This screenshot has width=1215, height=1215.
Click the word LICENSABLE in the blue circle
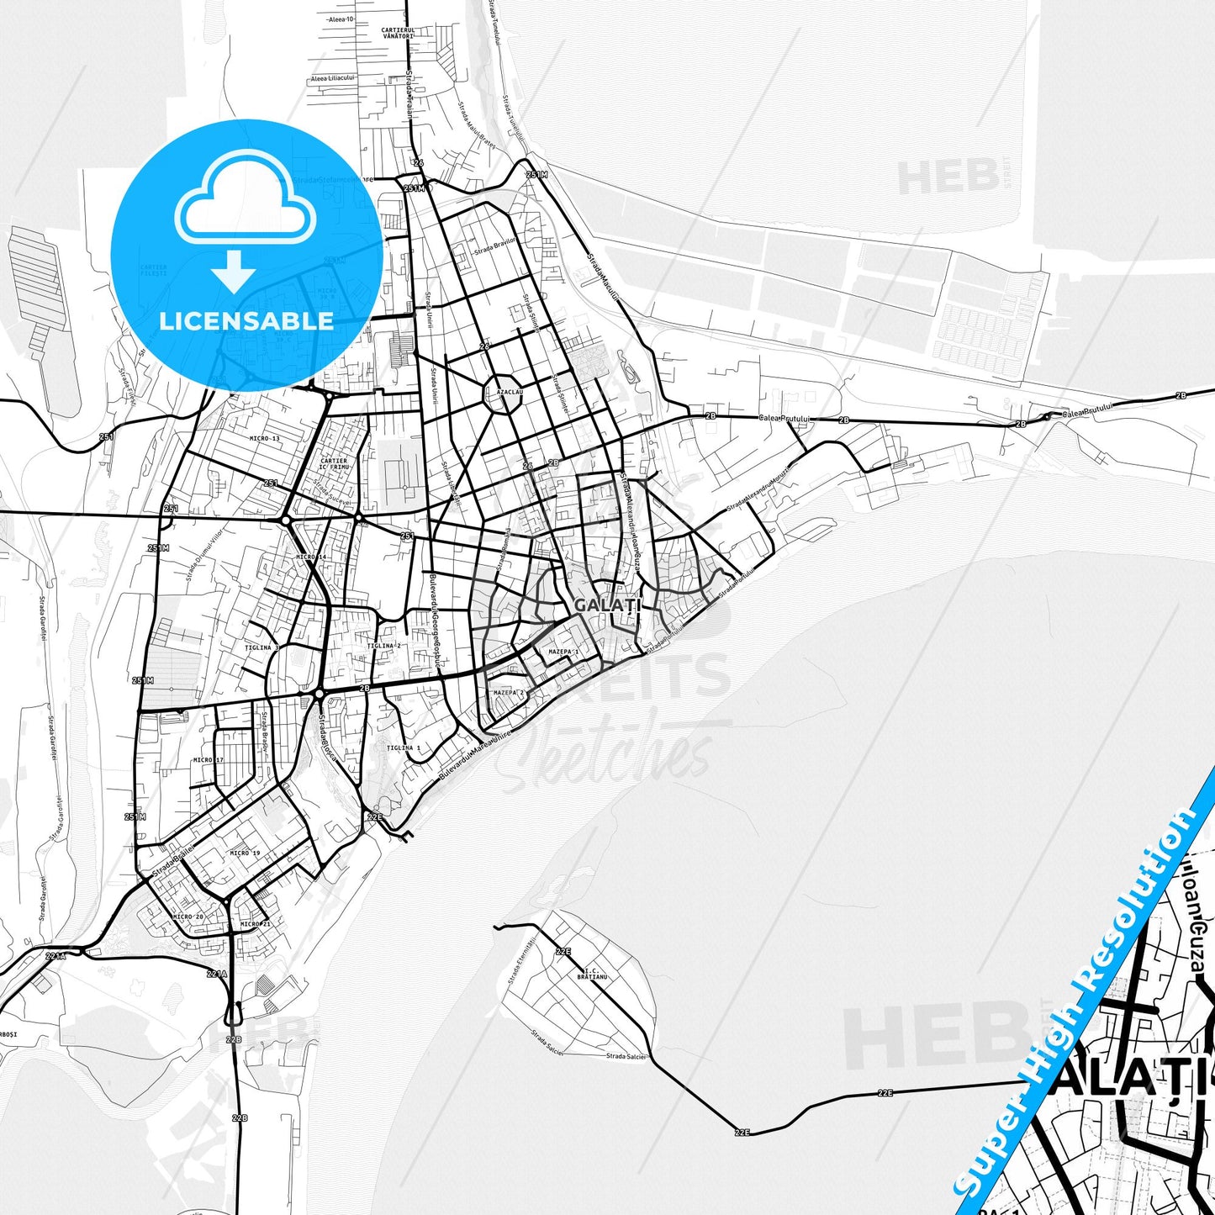[x=246, y=321]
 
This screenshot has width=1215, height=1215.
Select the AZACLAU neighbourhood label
[x=510, y=393]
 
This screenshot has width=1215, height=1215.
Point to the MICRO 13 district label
[x=264, y=439]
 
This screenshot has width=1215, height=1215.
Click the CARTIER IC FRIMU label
[x=334, y=463]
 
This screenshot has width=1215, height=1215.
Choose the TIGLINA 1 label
[x=404, y=747]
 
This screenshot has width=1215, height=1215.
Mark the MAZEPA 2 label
[x=509, y=693]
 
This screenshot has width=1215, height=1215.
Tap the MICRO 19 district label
[x=245, y=853]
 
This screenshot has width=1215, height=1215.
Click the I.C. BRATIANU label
[x=592, y=975]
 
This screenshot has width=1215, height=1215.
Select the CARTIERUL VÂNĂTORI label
[x=398, y=33]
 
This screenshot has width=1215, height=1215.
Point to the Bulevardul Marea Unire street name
[x=475, y=757]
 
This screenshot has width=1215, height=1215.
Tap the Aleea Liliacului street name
[x=333, y=78]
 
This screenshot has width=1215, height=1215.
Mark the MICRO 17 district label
[x=209, y=760]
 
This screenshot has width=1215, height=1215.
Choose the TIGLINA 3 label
[x=261, y=648]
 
